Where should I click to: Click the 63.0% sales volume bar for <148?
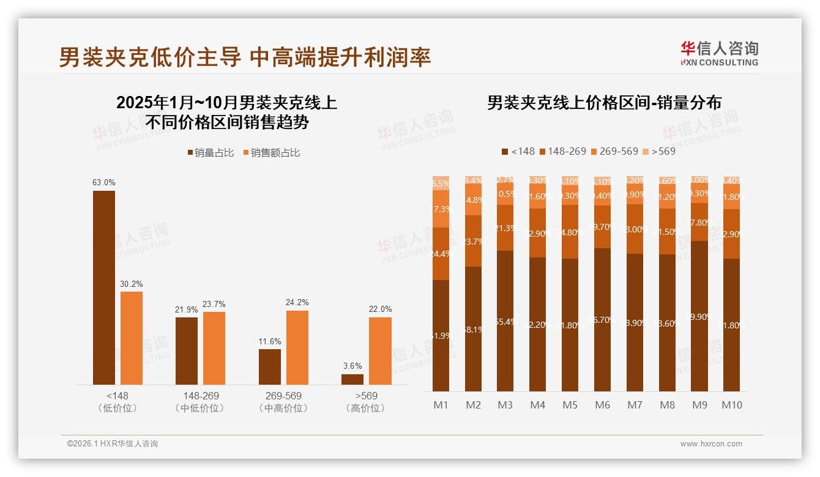(x=104, y=287)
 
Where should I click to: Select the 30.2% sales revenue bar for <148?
(x=132, y=338)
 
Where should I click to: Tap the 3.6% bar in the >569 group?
(x=352, y=379)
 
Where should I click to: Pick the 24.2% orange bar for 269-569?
(x=297, y=347)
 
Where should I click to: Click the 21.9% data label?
(x=187, y=310)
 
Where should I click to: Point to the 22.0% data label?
(x=380, y=309)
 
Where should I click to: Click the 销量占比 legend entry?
(x=211, y=153)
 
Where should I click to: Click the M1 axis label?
(x=441, y=405)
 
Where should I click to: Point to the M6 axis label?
(x=602, y=405)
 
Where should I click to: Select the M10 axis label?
(x=731, y=405)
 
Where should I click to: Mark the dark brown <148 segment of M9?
(x=699, y=316)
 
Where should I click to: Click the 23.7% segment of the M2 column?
(x=473, y=241)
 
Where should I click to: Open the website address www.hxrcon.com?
(x=710, y=444)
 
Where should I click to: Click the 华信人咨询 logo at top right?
(x=719, y=53)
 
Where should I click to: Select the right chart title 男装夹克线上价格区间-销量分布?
(x=604, y=102)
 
